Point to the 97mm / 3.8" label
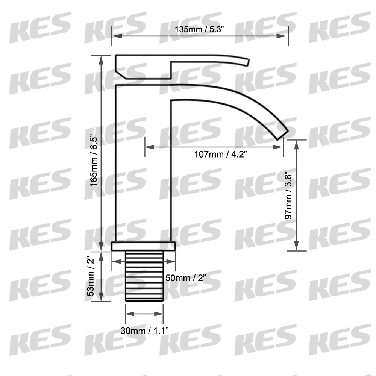(x=289, y=196)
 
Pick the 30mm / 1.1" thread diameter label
(x=144, y=331)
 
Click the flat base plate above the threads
(x=144, y=246)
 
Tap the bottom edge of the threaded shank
(x=144, y=300)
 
